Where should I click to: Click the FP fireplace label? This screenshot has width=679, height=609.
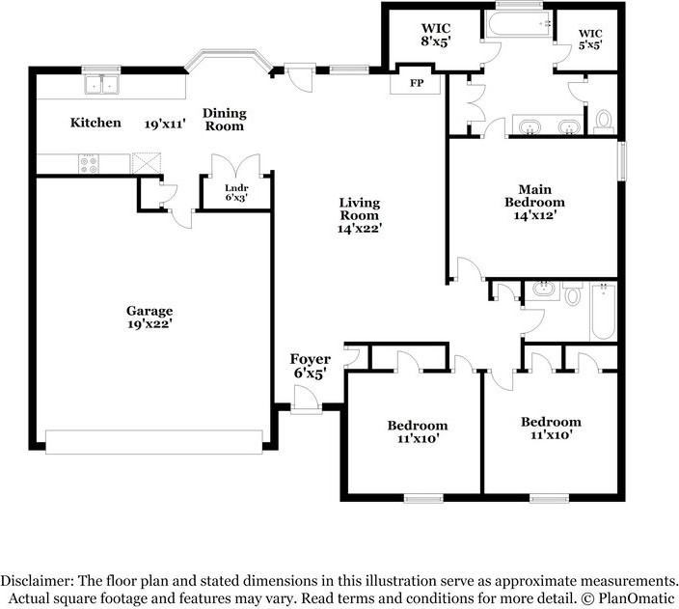417,83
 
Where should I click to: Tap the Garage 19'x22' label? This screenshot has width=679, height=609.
149,318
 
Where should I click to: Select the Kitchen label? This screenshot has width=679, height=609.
95,123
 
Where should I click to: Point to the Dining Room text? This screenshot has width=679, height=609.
225,120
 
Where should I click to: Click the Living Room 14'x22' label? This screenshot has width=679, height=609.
360,215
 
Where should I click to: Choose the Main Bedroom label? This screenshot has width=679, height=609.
534,202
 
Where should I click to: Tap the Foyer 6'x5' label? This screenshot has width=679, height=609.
310,366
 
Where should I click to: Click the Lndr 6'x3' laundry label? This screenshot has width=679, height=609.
236,193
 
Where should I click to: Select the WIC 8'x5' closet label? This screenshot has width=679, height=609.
436,35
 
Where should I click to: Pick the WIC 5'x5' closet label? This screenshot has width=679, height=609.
590,39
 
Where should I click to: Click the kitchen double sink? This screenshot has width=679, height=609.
102,84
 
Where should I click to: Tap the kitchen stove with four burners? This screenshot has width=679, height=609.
89,164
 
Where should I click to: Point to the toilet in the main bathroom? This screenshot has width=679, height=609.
603,122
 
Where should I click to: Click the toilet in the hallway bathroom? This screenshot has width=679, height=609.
573,293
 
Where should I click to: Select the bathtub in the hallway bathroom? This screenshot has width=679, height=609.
603,311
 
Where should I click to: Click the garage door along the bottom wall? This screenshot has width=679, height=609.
154,442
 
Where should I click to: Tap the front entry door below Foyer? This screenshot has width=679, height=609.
307,400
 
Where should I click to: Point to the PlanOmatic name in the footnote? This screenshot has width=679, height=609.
637,599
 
